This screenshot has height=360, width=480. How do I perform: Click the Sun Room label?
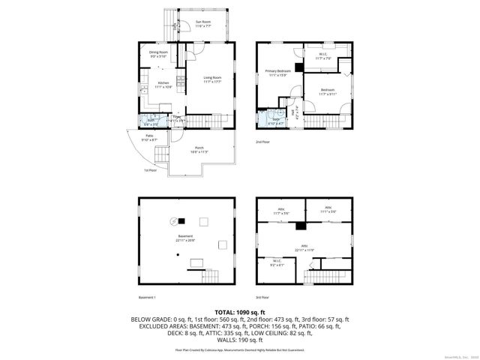pos(202,23)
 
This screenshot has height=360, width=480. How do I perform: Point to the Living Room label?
pos(212,79)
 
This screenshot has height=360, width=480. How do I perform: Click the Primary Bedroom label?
pos(277,72)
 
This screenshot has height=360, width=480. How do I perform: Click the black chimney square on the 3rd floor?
pos(301,225)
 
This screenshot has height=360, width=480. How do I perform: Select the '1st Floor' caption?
pos(150,170)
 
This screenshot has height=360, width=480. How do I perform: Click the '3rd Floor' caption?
pos(262,297)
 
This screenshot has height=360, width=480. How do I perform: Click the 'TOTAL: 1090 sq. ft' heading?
pos(239,311)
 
